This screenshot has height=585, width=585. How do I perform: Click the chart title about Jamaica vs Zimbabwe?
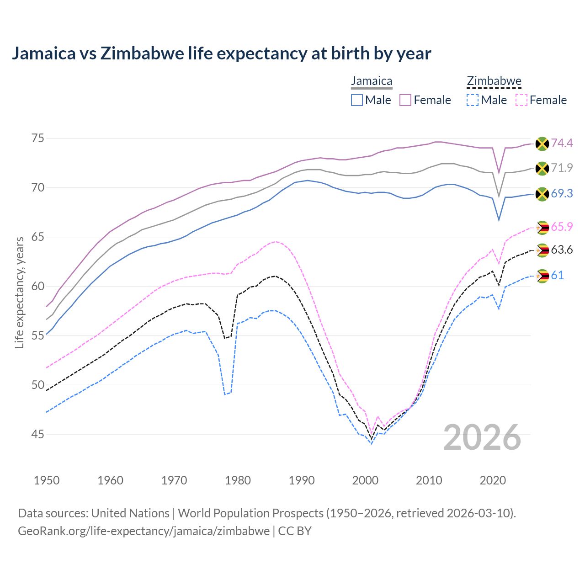coord(221,53)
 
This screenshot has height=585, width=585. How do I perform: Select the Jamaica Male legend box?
coord(357,100)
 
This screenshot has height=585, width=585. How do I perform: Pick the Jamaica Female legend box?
coord(405,100)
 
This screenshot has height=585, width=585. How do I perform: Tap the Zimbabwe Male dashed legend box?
coord(473,100)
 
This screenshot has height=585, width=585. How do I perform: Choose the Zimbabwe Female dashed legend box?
coord(521,100)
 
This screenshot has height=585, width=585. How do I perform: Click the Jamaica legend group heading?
coord(372,81)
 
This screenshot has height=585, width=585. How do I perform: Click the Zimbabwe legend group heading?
coord(494,81)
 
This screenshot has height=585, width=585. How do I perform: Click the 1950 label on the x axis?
coord(47,480)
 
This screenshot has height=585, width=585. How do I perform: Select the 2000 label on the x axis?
coord(365,480)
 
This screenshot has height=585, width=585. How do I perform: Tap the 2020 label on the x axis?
coord(493,480)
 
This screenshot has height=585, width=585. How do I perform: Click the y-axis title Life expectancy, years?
coord(19,292)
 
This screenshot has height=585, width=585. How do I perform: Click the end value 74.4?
coord(562,144)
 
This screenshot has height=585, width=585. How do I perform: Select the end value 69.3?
coord(562,194)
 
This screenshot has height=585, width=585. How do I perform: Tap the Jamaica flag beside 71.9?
coord(542,168)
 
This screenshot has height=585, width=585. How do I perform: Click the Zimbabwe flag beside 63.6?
coord(542,250)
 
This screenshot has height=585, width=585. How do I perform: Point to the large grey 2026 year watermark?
coord(482,438)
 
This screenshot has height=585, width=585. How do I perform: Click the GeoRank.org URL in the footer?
coord(144,531)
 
